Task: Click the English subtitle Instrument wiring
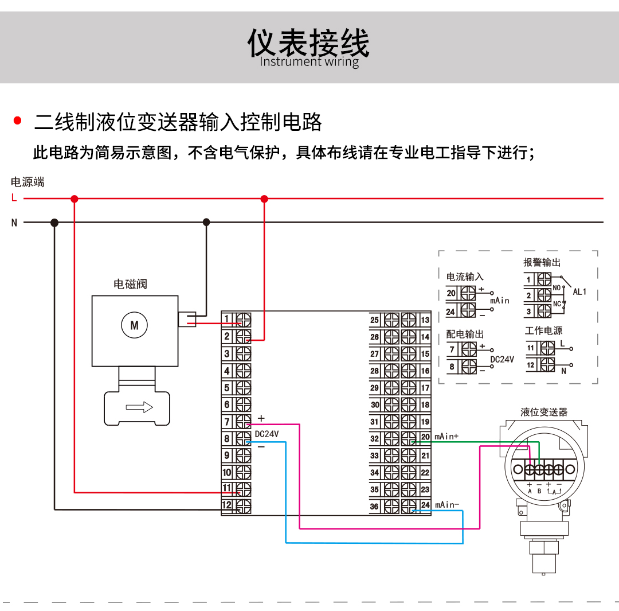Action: pos(309,62)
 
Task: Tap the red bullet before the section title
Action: pos(17,121)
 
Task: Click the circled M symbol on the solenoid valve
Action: pos(135,325)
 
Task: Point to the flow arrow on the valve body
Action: pos(139,407)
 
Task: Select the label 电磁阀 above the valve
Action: pos(131,284)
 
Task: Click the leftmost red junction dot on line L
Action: pos(74,199)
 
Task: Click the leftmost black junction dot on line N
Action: pos(54,222)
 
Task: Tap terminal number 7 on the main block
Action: pos(227,422)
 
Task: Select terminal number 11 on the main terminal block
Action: pos(227,489)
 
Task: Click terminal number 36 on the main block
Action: pos(374,507)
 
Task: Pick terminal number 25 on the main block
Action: pos(374,320)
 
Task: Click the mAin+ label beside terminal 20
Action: pos(446,437)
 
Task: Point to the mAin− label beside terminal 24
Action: pos(446,505)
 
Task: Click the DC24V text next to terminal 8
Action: pos(267,434)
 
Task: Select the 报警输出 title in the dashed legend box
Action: pos(542,262)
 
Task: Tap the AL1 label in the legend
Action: pos(579,291)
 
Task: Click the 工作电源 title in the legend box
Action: pos(543,330)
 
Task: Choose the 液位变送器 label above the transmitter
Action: pos(544,412)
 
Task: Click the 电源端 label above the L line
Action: pos(28,182)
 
